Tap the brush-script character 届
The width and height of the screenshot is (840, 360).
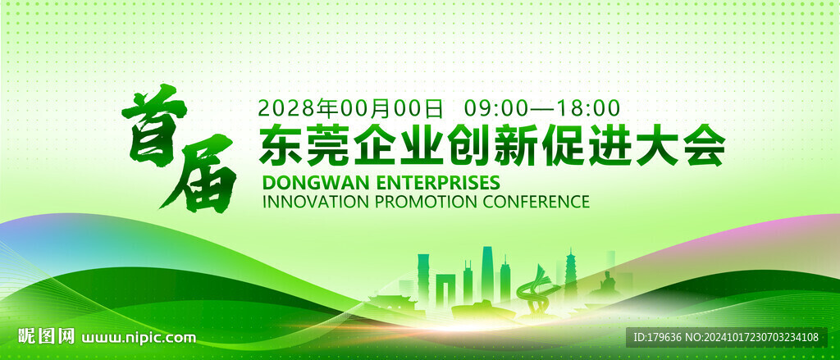(x=199, y=174)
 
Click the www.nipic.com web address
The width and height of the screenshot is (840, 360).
(x=139, y=338)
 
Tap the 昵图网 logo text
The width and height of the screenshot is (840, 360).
(x=47, y=336)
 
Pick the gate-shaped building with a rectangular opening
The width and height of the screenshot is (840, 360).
(x=445, y=289)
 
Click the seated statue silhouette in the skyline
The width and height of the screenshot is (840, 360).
(x=608, y=284)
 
